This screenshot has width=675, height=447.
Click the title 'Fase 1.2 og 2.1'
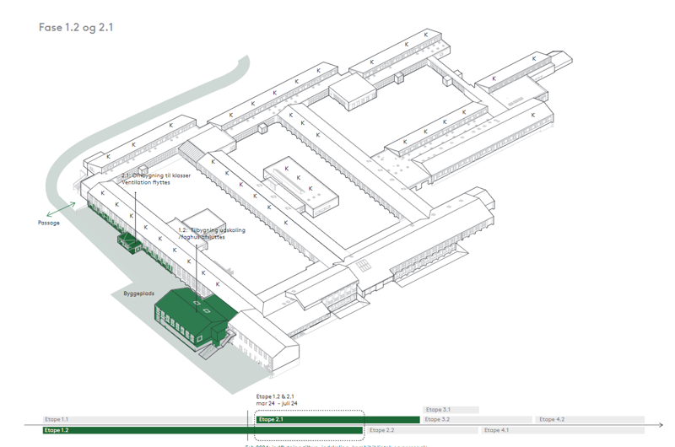click(76, 27)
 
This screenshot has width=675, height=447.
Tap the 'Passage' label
click(49, 223)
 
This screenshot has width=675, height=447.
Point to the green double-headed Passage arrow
click(61, 209)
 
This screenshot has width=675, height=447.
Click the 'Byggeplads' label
click(127, 294)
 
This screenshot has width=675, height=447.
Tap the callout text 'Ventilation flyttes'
click(156, 182)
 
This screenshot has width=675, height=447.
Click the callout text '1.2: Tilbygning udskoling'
click(212, 229)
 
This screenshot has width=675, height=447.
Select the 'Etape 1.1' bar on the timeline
click(143, 419)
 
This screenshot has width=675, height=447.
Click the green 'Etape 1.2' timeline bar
click(202, 430)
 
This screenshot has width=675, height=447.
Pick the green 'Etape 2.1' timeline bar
click(337, 419)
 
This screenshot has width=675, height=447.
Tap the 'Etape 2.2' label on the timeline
click(381, 430)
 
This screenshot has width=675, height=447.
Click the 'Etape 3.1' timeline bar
click(451, 410)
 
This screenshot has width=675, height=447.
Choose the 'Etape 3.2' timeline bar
click(477, 419)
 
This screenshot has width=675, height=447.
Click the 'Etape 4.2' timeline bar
click(589, 419)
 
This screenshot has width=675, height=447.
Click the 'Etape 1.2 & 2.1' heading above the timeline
click(275, 396)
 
